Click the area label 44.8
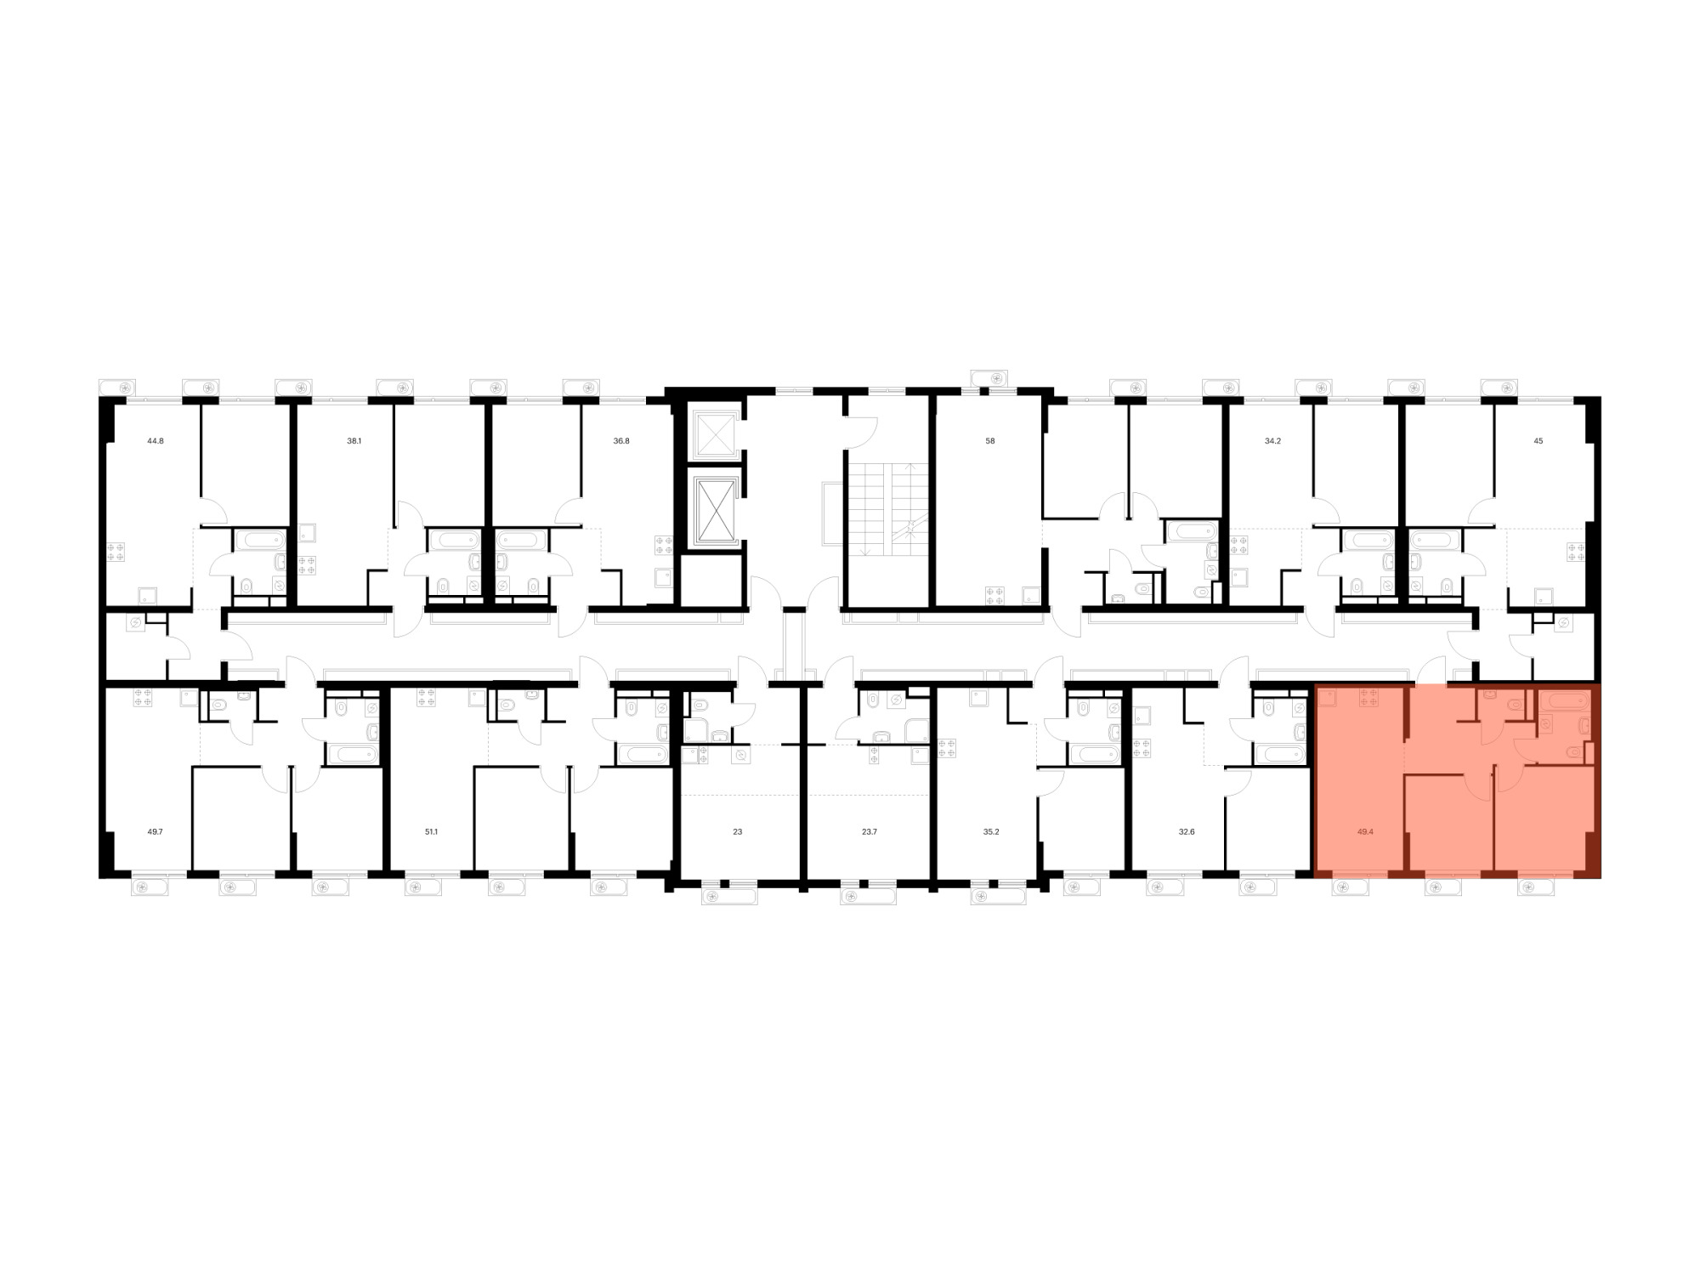[x=156, y=441]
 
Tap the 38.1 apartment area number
[x=354, y=441]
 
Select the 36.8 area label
[x=621, y=441]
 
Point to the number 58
[x=990, y=441]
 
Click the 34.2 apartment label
[x=1272, y=441]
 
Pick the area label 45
[x=1538, y=441]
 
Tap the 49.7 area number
[x=155, y=832]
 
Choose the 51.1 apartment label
[x=431, y=832]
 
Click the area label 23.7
[x=869, y=832]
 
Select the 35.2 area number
[x=991, y=832]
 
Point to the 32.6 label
[x=1187, y=832]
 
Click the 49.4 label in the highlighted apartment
[x=1365, y=832]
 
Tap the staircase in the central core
[x=887, y=510]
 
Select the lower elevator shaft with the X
[x=714, y=511]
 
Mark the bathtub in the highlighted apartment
[x=1566, y=702]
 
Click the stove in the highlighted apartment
[x=1368, y=698]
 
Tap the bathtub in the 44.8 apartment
[x=259, y=540]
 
